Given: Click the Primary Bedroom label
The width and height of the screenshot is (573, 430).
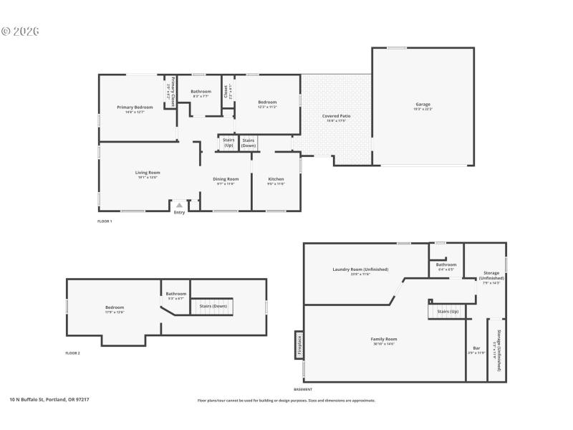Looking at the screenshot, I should point(135,107).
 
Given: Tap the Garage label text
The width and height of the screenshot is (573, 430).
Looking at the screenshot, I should point(423,104).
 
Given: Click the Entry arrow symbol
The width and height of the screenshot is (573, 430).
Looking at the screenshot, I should point(179,205).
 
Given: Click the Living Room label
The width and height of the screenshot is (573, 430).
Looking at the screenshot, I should point(148,173).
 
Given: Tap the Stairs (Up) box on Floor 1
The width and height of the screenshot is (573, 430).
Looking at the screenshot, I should point(228,143).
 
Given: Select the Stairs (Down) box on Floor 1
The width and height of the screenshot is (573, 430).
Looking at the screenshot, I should point(249,143).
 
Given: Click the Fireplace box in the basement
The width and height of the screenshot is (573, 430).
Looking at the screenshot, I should point(299,345).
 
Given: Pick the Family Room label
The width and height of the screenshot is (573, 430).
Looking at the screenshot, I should point(383,339).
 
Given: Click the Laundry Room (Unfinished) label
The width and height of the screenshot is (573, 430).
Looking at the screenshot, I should point(360,269).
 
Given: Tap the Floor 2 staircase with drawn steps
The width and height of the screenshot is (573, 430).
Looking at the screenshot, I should point(213,306).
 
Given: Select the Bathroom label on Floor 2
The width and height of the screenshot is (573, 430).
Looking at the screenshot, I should point(176,294).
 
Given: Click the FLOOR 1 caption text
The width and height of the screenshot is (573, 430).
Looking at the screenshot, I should point(105,221).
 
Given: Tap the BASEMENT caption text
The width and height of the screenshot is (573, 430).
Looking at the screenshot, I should point(303,389).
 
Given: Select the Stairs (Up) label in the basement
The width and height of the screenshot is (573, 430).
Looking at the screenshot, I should point(448,312).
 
